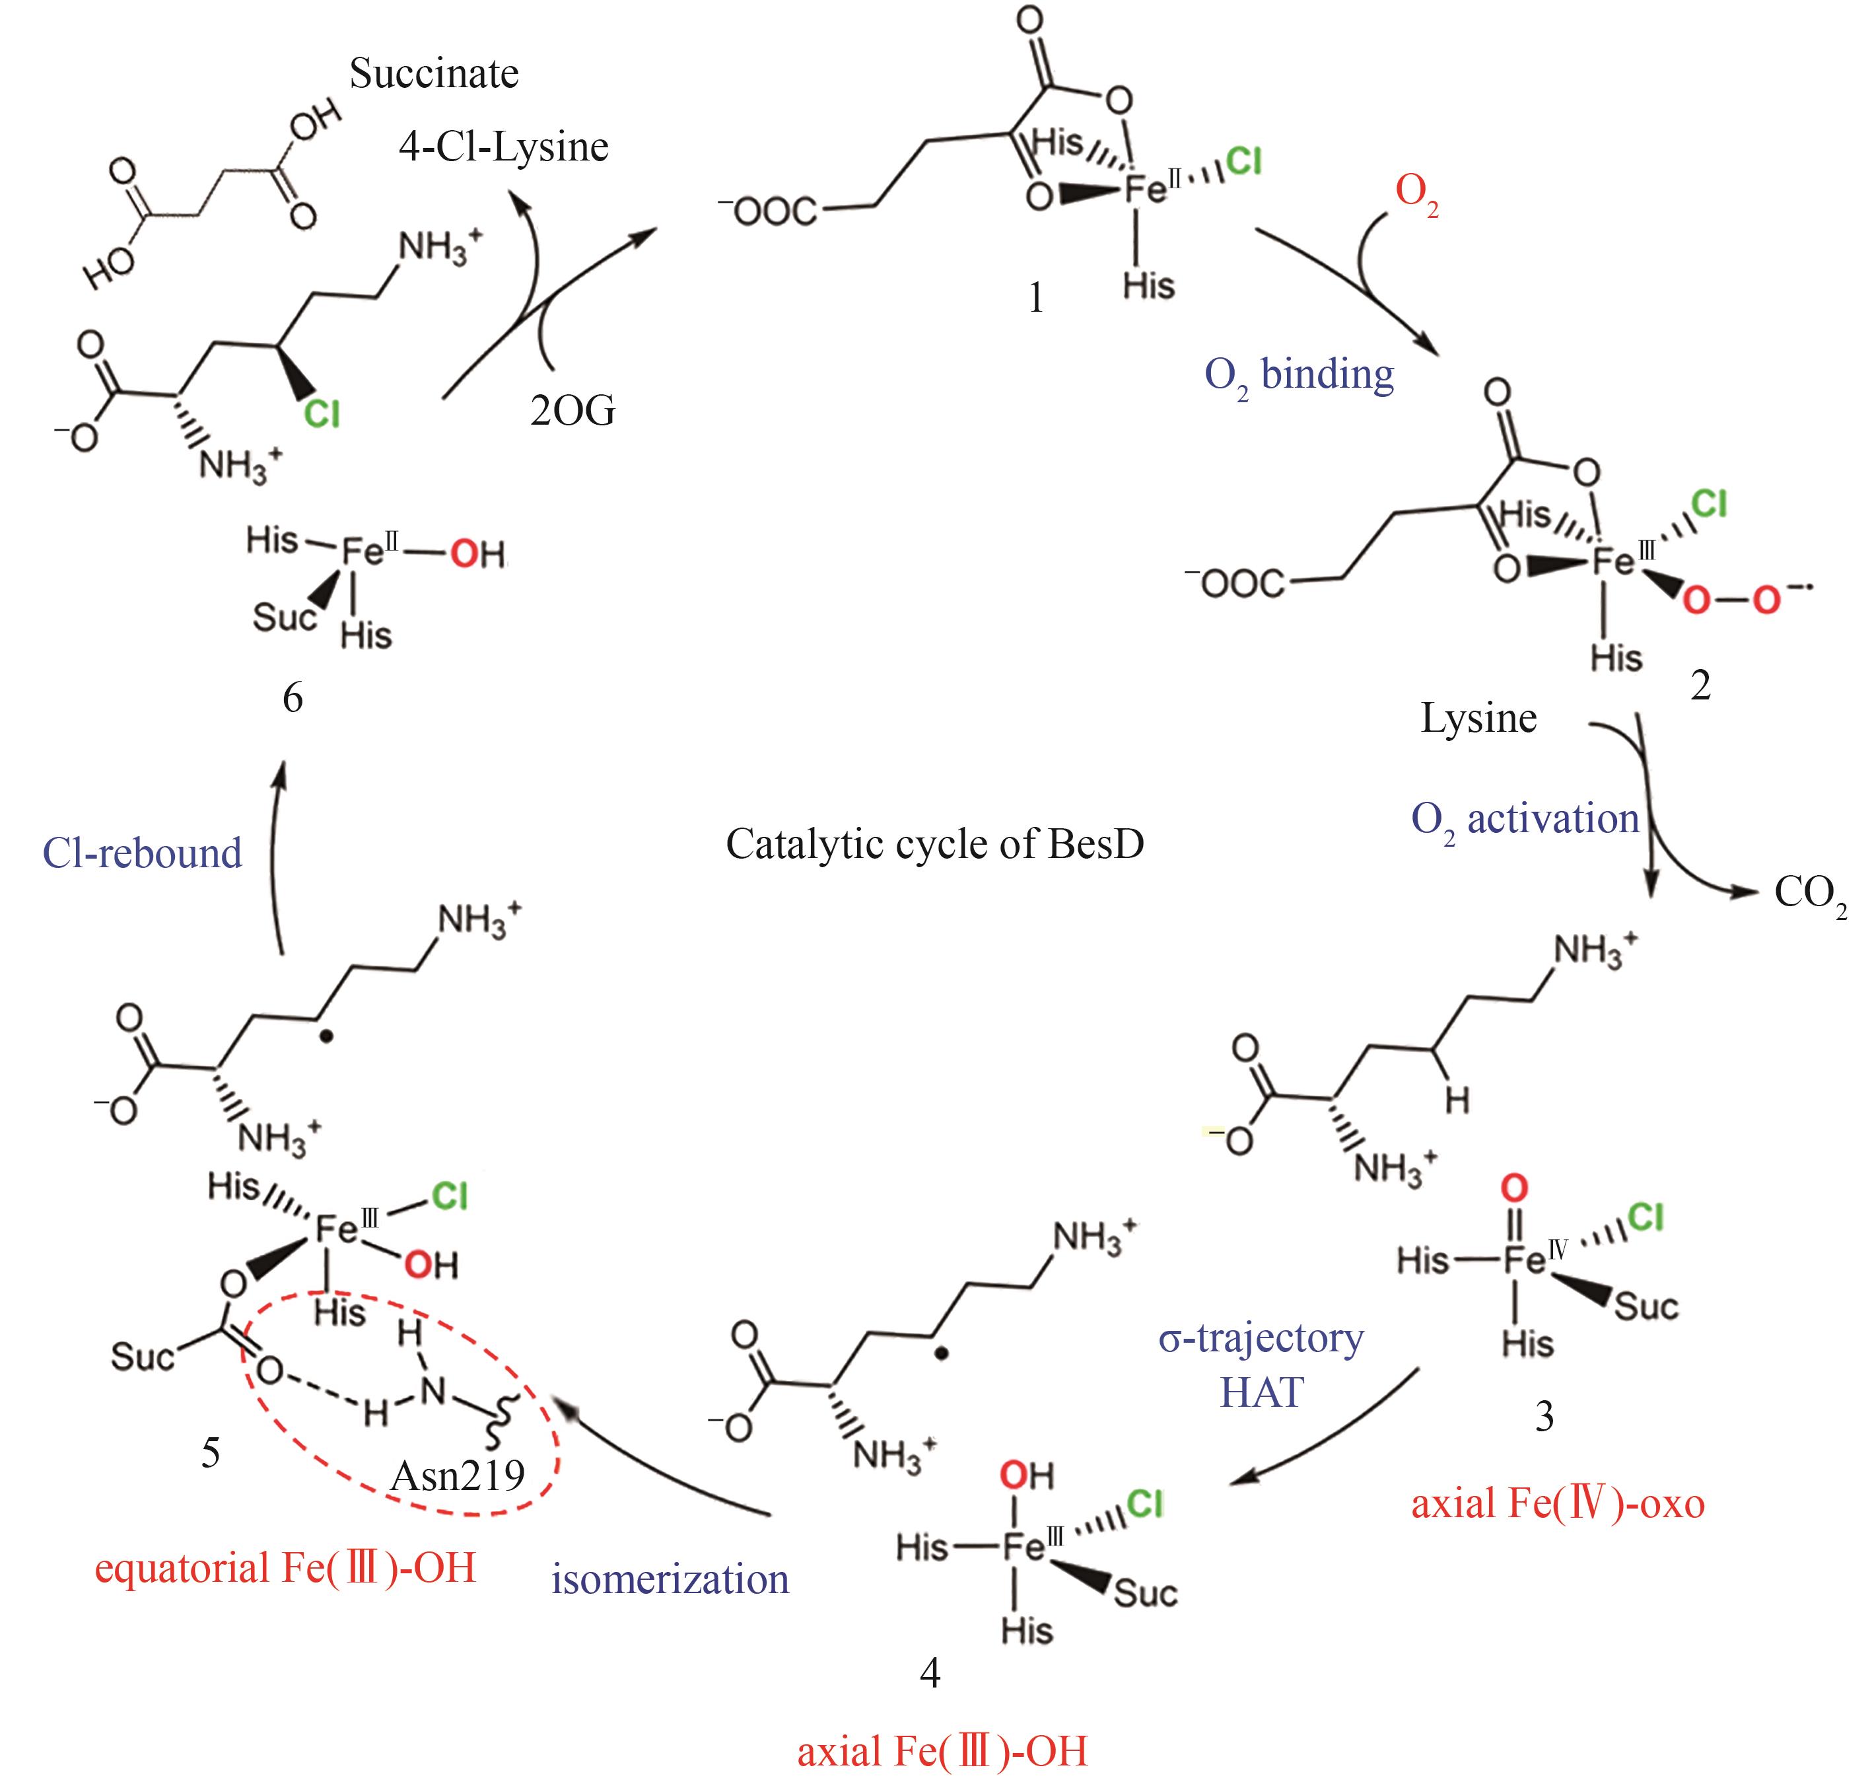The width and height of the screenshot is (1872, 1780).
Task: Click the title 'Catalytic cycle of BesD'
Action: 934,843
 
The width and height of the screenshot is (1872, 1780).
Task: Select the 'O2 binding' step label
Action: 1299,376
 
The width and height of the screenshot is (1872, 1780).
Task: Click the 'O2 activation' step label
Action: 1525,820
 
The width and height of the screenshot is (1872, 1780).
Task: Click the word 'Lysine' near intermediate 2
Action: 1478,718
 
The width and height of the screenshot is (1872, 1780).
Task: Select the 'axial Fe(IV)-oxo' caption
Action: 1558,1504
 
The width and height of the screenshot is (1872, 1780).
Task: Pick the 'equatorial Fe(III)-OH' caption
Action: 285,1569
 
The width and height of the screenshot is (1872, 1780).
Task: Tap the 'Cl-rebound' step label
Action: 143,853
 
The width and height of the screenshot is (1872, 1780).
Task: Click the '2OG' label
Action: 572,410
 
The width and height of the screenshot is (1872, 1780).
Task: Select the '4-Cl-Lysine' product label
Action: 503,147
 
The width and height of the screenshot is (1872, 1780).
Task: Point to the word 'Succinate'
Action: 434,74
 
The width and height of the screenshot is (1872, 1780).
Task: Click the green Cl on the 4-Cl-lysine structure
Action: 322,413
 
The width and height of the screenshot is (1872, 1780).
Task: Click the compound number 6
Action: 293,698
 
